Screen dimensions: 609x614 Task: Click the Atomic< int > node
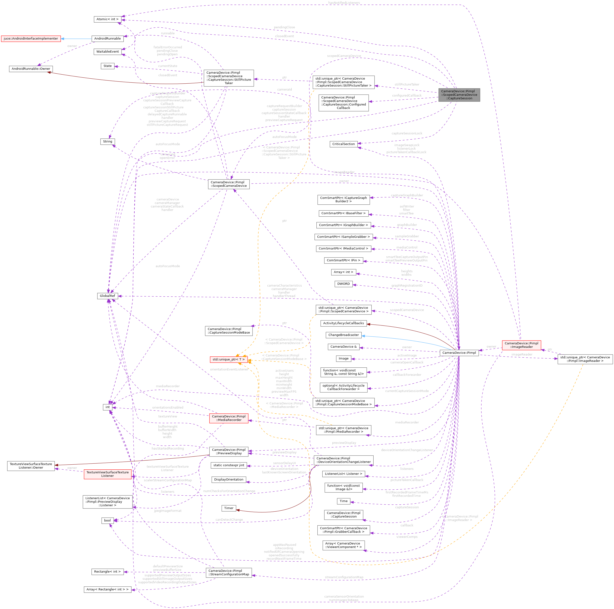coord(107,19)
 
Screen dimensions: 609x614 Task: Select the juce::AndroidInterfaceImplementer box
coord(31,38)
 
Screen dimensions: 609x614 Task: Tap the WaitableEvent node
coord(107,51)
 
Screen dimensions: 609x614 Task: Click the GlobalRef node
coord(107,296)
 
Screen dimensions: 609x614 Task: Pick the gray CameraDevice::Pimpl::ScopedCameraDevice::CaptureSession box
coord(459,95)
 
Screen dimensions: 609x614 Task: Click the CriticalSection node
coord(343,144)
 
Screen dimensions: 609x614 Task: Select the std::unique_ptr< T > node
coord(228,360)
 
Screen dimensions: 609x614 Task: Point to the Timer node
coord(228,508)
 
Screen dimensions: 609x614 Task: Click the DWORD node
coord(343,284)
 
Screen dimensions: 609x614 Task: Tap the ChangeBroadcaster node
coord(343,335)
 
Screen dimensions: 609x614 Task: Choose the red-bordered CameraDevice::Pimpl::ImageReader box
coord(521,345)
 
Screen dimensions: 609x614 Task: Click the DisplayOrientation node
coord(228,479)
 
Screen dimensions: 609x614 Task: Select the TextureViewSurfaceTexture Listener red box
coord(107,474)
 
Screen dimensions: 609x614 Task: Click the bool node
coord(107,520)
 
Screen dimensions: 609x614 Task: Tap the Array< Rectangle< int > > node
coord(107,589)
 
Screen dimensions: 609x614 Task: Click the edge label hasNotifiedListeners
coord(344,3)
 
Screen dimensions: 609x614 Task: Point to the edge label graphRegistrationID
coord(407,285)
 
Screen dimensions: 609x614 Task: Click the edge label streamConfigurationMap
coord(344,577)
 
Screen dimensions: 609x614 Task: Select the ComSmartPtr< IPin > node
coord(343,260)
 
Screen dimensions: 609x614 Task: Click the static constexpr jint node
coord(228,465)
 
